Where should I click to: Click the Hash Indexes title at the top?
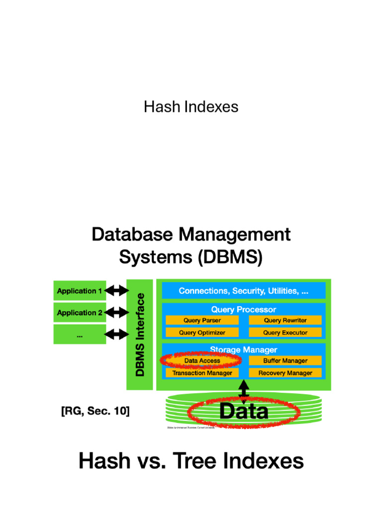[191, 107]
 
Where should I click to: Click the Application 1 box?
[80, 291]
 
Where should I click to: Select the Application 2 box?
[80, 313]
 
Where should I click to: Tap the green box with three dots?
[80, 335]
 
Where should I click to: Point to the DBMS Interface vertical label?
[141, 335]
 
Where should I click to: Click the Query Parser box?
[202, 321]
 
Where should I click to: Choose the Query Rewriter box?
[285, 321]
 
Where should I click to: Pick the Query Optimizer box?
[202, 333]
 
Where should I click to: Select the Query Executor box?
[285, 333]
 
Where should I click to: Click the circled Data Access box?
[202, 361]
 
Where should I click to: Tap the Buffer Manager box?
[285, 361]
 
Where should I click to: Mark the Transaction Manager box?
[202, 373]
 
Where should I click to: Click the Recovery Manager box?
[285, 373]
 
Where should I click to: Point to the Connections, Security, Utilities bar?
[244, 291]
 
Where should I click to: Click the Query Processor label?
[244, 309]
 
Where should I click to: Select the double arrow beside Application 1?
[117, 290]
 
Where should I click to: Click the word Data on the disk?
[244, 412]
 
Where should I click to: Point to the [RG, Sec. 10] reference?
[95, 412]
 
